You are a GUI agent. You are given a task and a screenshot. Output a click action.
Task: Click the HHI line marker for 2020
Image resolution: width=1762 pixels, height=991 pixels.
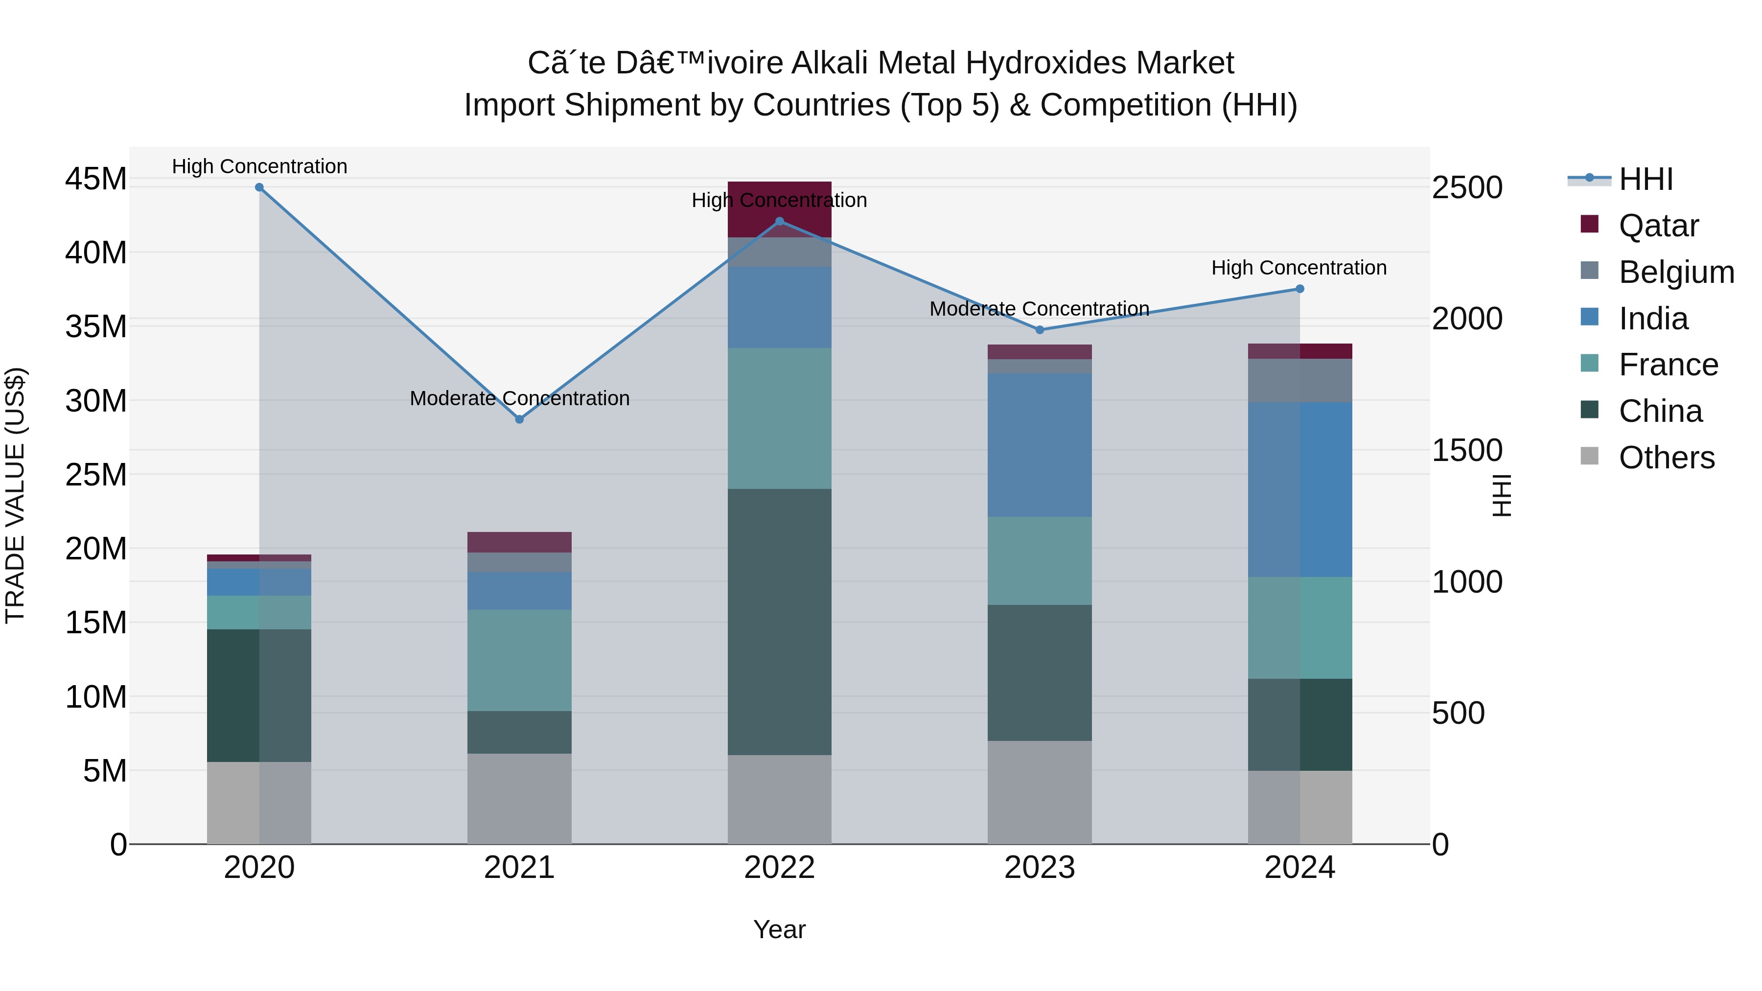[259, 187]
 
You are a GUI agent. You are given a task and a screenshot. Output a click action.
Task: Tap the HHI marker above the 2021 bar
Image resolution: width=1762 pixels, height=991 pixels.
[519, 419]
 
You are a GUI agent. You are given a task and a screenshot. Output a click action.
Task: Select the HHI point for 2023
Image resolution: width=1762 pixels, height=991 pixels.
[1040, 330]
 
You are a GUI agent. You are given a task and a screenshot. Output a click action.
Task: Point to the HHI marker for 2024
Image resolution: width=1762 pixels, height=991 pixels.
[1299, 289]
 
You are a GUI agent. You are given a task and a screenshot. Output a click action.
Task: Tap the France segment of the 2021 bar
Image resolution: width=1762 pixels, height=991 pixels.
[519, 660]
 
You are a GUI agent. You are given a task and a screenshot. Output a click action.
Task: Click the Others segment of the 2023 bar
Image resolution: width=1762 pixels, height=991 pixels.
[1040, 792]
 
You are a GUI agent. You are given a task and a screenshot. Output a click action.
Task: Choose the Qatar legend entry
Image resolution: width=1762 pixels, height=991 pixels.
[1658, 226]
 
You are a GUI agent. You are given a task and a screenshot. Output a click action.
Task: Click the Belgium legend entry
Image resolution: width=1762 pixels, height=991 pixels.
[1676, 272]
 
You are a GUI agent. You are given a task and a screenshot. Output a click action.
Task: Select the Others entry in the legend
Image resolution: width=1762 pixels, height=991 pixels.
[1666, 458]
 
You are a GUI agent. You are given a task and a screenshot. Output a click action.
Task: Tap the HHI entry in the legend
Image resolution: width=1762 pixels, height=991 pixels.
[1646, 179]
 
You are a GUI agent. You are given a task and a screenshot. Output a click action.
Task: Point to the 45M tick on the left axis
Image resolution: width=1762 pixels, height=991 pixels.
[96, 179]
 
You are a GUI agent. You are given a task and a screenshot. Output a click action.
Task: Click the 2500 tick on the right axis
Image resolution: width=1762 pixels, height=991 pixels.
[1467, 187]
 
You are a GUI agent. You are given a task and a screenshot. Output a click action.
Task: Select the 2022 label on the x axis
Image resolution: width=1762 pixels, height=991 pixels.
[779, 868]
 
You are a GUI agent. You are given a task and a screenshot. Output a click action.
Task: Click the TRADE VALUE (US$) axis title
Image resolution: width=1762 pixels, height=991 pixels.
[16, 495]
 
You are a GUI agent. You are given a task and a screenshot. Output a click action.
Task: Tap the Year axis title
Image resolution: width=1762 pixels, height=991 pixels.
[779, 929]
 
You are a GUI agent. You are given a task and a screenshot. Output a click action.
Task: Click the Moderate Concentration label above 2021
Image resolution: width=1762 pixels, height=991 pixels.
[519, 398]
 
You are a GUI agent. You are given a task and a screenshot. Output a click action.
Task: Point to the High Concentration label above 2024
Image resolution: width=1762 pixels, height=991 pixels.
[1299, 267]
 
